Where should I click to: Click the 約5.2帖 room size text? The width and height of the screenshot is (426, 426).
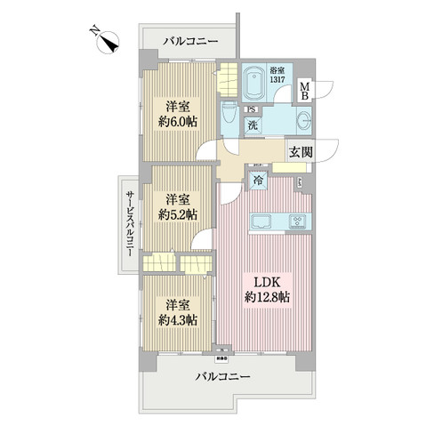(179, 214)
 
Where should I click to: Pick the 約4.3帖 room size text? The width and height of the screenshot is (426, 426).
(179, 319)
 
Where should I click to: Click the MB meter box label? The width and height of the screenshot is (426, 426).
(304, 91)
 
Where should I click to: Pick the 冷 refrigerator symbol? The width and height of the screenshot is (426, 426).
(258, 181)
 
